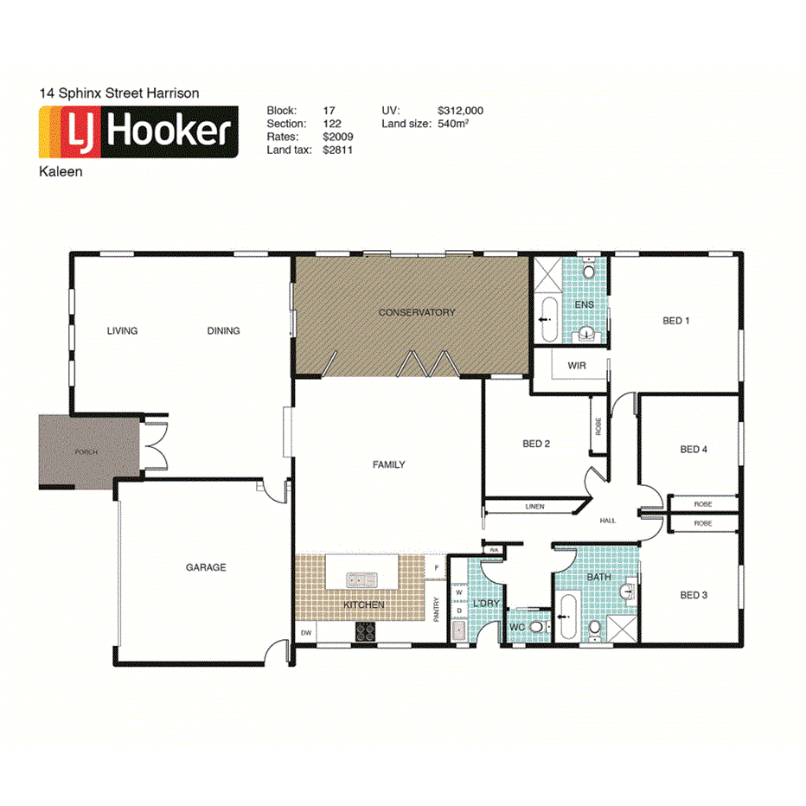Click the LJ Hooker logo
138,132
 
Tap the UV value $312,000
460,111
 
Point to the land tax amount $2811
337,150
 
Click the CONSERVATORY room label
416,312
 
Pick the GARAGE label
206,567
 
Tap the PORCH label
86,452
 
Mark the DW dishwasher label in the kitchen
305,634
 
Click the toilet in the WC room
536,627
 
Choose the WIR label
577,366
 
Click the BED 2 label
536,444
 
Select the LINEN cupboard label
534,506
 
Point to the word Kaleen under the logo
61,171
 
